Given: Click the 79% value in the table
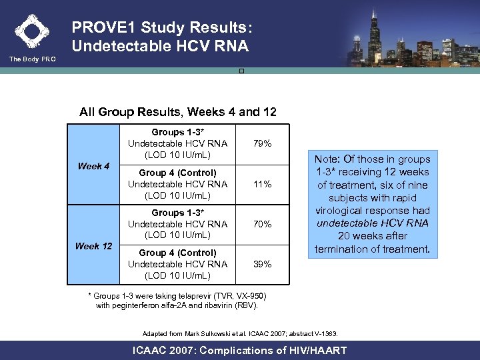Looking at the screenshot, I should tap(263, 143).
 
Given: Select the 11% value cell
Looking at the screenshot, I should tap(263, 184).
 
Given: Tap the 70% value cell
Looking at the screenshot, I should tap(263, 224).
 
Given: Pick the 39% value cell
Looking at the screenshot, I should tap(263, 264).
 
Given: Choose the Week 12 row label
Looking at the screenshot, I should tap(93, 246).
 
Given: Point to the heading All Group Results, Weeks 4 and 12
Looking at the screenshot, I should tap(177, 111).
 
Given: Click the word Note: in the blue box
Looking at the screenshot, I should tap(331, 159).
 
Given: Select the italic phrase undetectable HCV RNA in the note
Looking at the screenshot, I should tap(374, 223).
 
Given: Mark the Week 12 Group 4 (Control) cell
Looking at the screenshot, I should tap(177, 264).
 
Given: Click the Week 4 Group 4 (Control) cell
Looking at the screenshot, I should tap(177, 184).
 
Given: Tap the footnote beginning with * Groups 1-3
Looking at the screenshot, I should tap(177, 301).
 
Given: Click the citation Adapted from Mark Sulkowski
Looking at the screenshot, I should tap(240, 333).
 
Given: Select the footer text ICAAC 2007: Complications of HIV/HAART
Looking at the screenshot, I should tap(240, 350).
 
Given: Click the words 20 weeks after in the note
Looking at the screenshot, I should tap(374, 236).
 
